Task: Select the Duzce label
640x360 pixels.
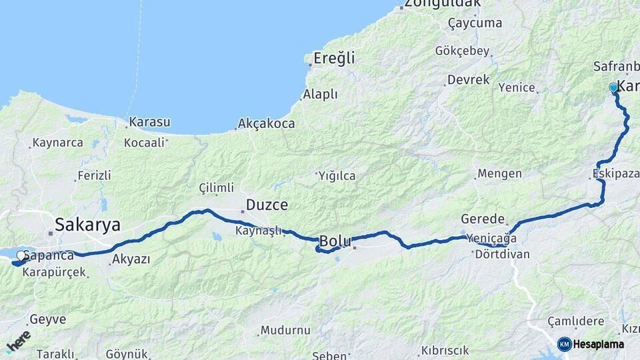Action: pos(267,205)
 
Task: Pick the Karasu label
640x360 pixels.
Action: pos(149,122)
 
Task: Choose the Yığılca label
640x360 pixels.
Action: pos(336,176)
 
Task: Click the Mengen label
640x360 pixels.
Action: pos(499,173)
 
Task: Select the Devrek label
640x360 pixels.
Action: pos(468,80)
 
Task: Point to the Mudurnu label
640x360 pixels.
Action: pos(285,330)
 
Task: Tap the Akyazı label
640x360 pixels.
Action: pos(131,259)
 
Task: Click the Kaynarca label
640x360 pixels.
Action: pos(57,143)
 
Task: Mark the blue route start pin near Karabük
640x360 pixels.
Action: pos(613,87)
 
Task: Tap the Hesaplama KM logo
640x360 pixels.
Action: pos(591,344)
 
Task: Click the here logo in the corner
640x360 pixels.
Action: pos(19,340)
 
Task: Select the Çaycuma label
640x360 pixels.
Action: pos(475,23)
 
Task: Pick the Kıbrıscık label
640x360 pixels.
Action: pos(446,351)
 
